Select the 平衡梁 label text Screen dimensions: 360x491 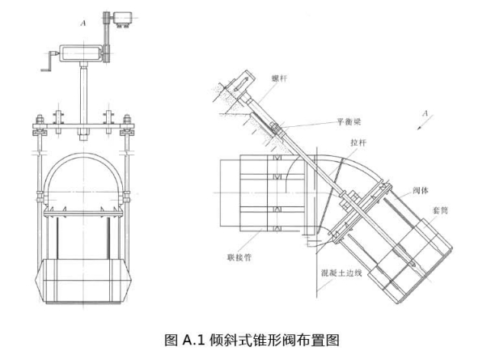(349, 123)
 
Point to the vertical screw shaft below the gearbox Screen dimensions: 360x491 (83, 93)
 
